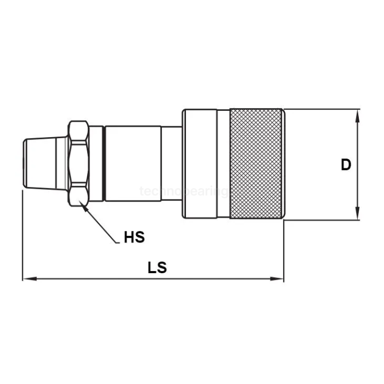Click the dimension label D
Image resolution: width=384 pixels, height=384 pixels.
pos(346,165)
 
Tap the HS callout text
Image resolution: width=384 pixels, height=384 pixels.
pos(134,238)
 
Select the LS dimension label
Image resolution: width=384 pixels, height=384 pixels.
pos(157,268)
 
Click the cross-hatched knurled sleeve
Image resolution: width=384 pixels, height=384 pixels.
pos(256,164)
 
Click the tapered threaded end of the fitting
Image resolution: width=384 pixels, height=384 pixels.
pos(44,163)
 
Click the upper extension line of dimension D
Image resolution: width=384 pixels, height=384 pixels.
pos(324,109)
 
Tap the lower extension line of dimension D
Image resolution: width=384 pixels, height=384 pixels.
pos(324,221)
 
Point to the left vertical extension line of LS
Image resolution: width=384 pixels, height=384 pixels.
pos(22,236)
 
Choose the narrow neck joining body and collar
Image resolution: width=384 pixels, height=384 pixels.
pos(172,163)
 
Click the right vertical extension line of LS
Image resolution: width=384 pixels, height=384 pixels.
pos(284,250)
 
